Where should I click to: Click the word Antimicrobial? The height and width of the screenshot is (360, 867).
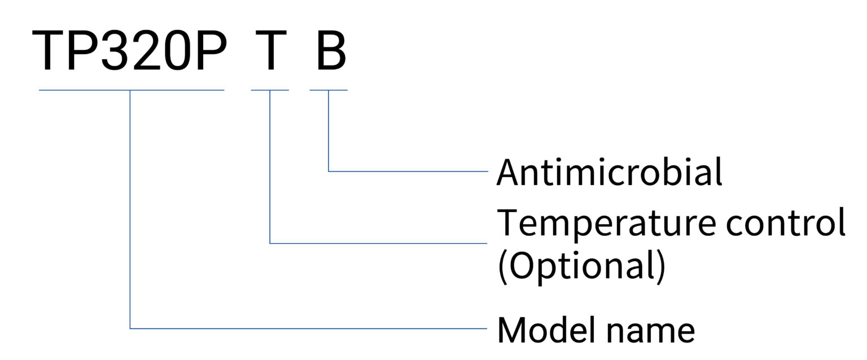click(x=609, y=172)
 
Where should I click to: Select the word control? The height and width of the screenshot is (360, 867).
click(x=785, y=222)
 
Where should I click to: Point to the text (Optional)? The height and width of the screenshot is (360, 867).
click(x=582, y=267)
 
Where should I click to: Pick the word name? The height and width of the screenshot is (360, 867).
click(x=650, y=333)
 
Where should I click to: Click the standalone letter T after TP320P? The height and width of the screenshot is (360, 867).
click(x=270, y=51)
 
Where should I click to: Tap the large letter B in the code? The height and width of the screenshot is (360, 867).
click(x=331, y=51)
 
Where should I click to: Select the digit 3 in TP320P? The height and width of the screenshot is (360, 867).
click(x=116, y=51)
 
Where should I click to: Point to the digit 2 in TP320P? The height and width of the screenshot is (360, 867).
click(x=147, y=51)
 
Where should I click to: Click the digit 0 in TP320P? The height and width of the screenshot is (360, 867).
click(x=178, y=51)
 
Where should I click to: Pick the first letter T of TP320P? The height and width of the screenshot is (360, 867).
click(x=48, y=51)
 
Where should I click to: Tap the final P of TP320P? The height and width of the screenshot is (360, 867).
click(x=211, y=51)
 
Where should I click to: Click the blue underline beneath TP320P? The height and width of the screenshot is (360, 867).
click(x=132, y=90)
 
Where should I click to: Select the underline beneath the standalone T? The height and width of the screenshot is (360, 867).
click(x=270, y=90)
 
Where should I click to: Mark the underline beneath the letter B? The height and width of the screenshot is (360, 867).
click(x=329, y=90)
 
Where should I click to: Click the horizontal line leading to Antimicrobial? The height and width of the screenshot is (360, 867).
click(x=408, y=171)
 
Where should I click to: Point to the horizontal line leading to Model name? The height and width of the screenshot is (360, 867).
click(x=309, y=328)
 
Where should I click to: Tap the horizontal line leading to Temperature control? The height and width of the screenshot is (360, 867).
click(x=379, y=244)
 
